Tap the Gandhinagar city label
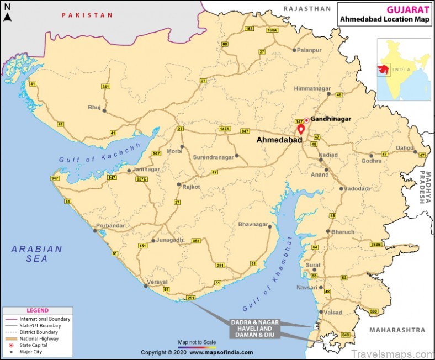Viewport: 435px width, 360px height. pos(331,119)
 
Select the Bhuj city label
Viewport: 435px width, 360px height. pos(94,107)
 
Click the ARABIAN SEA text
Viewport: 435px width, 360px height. pos(37,254)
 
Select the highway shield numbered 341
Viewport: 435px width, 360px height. pos(105,87)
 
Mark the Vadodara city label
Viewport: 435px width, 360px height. pos(357,188)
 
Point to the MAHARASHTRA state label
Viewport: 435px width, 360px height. pos(398,330)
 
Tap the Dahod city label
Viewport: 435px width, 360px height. pos(404,148)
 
